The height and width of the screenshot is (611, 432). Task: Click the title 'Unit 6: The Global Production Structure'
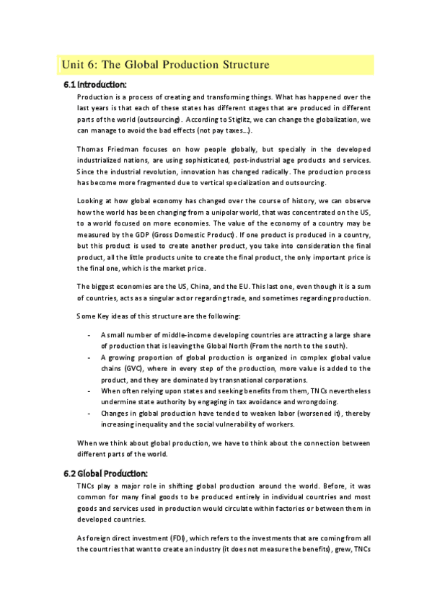point(166,65)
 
